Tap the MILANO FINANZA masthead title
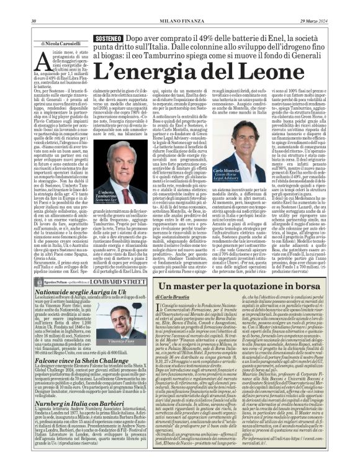pyautogui.click(x=179, y=5)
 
